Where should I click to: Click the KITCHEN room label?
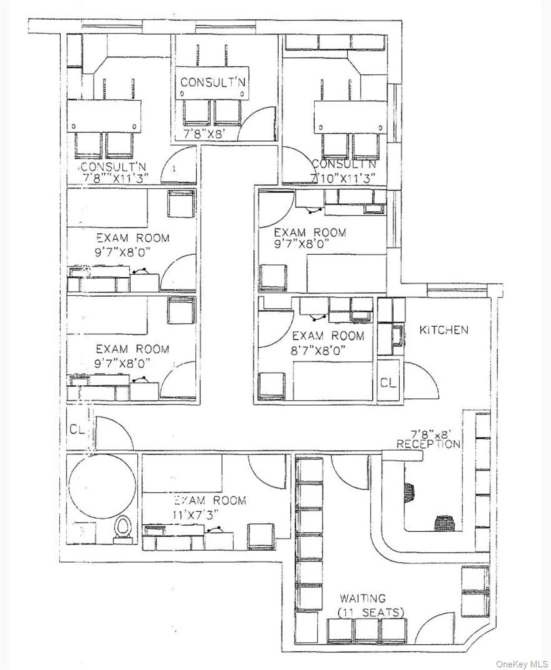click(x=443, y=330)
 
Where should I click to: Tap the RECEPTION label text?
click(x=428, y=444)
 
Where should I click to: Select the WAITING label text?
click(x=363, y=598)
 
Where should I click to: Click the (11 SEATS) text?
click(x=371, y=613)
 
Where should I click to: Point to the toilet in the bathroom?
click(x=123, y=529)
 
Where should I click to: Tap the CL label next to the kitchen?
click(x=388, y=383)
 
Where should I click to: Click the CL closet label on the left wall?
click(x=77, y=429)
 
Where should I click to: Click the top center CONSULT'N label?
click(x=213, y=82)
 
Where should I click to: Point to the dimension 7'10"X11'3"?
click(x=344, y=178)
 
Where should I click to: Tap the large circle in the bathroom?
click(x=101, y=482)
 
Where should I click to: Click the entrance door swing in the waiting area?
click(x=434, y=628)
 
